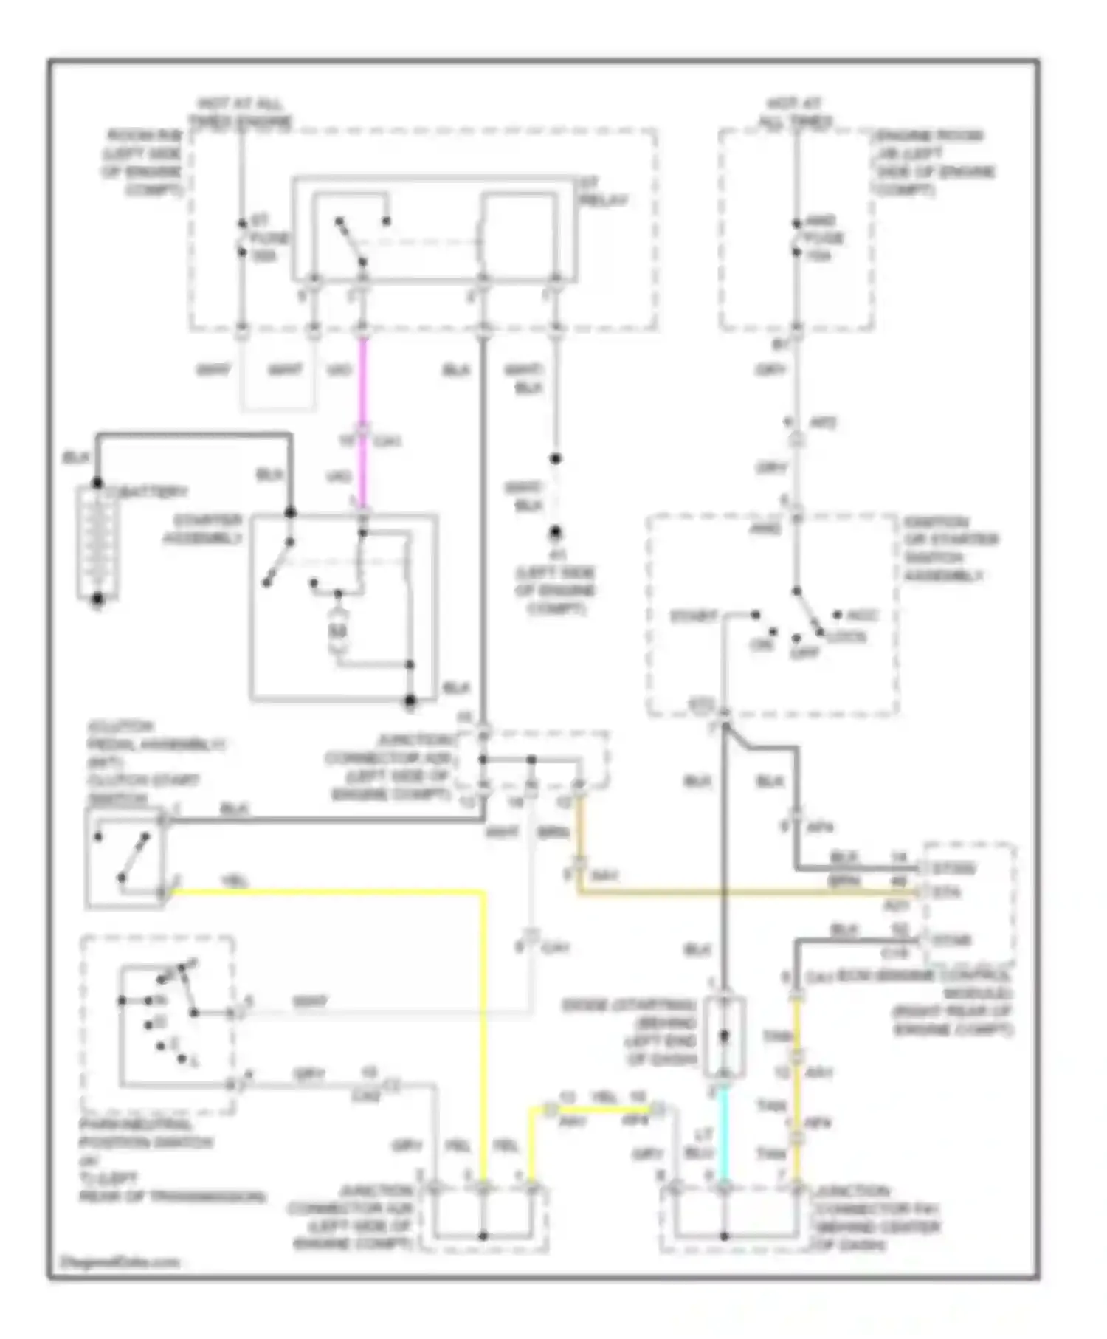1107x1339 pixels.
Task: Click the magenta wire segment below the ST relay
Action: click(x=362, y=384)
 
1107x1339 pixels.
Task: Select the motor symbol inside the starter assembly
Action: click(x=338, y=631)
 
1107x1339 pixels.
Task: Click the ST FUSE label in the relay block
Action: click(x=269, y=238)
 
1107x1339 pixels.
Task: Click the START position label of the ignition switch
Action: click(x=694, y=616)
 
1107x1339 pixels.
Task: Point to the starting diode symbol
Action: click(x=724, y=1036)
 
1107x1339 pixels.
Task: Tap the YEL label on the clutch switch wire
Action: click(x=235, y=881)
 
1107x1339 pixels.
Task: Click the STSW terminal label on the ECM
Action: click(x=954, y=869)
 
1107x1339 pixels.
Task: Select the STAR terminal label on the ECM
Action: click(x=952, y=940)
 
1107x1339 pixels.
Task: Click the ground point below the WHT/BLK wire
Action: click(x=555, y=533)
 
